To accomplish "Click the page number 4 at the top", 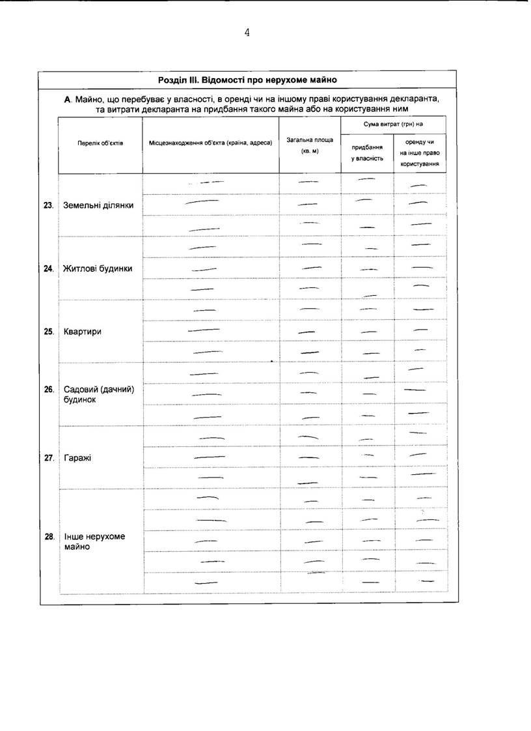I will (x=247, y=33).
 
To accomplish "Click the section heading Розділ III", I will (x=247, y=80).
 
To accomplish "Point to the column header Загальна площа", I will (x=309, y=145).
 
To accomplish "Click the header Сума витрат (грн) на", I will (x=392, y=124).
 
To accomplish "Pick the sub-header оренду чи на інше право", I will (x=419, y=153).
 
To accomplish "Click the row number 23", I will (x=48, y=205).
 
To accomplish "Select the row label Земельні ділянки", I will (x=98, y=205).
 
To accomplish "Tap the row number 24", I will (x=48, y=268).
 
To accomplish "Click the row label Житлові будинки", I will (x=98, y=268).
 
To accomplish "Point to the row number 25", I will (x=48, y=331).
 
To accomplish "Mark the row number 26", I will (x=48, y=390).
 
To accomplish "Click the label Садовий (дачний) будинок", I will (x=98, y=394).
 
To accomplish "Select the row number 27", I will (x=48, y=457).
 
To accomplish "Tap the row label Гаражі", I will (x=77, y=457).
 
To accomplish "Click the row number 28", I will (x=48, y=537).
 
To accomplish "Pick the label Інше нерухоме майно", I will (x=94, y=541).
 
